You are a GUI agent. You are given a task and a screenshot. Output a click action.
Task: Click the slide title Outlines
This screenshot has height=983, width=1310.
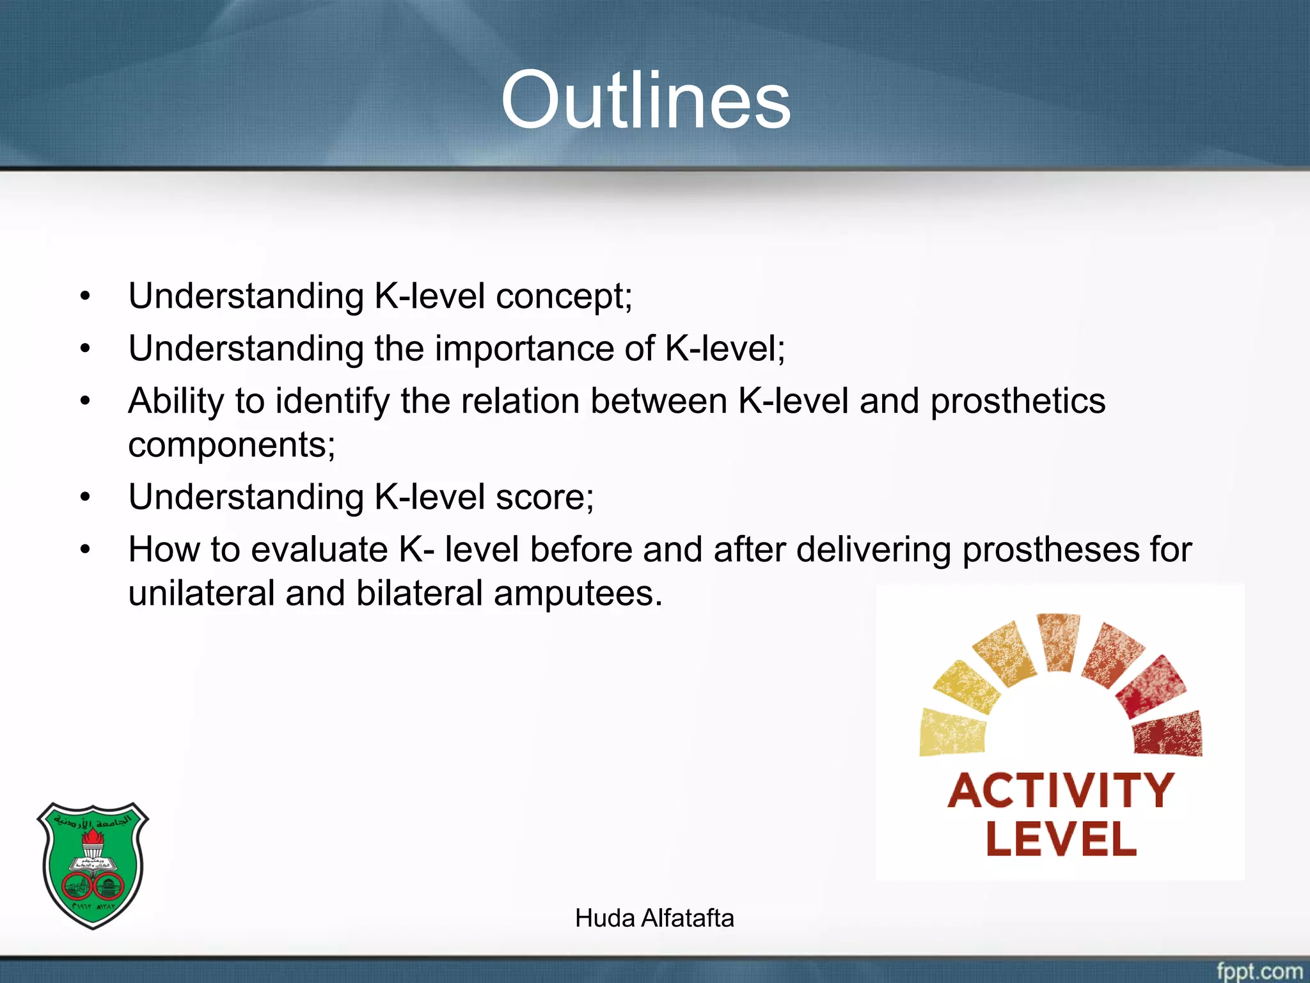[646, 100]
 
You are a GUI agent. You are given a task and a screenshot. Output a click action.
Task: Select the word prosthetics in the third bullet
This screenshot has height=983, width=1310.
[1017, 402]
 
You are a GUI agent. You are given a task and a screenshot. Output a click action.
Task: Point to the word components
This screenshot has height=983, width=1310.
[231, 445]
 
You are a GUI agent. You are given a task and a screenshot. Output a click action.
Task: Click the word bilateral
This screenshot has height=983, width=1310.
[419, 593]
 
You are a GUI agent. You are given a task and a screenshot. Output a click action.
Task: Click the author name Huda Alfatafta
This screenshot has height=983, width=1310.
[654, 918]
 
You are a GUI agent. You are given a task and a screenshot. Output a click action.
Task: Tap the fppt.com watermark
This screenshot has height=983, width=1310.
[1258, 970]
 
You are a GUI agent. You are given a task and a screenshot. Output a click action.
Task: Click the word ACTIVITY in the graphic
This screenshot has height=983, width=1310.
[1061, 792]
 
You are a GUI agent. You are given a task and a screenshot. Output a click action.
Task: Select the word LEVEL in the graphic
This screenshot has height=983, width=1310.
[1061, 840]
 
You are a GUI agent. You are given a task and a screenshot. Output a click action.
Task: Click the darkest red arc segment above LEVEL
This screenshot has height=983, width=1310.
[1168, 734]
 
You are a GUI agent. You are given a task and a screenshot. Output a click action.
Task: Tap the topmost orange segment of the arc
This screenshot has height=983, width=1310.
[1059, 641]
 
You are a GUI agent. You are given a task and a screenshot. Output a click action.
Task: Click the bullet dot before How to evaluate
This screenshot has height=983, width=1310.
[86, 550]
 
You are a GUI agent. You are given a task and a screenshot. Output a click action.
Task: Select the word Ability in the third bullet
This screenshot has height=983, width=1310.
[176, 402]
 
